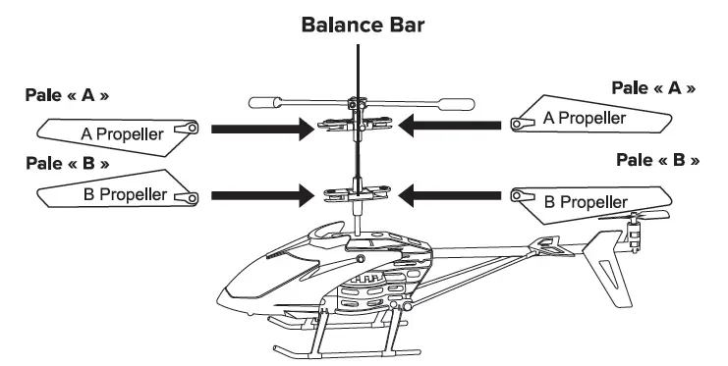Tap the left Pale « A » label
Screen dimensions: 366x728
pos(67,96)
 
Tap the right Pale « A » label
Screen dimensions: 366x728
pos(653,87)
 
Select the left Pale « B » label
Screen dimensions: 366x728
pos(67,162)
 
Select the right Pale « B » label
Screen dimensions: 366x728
pos(657,159)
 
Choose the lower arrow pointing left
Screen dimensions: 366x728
pos(454,194)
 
